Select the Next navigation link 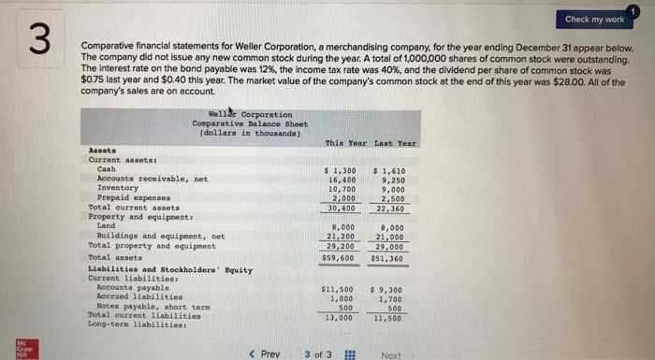pyautogui.click(x=391, y=353)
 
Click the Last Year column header pyautogui.click(x=397, y=141)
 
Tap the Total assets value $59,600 pyautogui.click(x=339, y=256)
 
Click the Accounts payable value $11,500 pyautogui.click(x=339, y=288)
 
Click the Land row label pyautogui.click(x=106, y=225)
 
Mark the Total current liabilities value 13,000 pyautogui.click(x=340, y=317)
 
